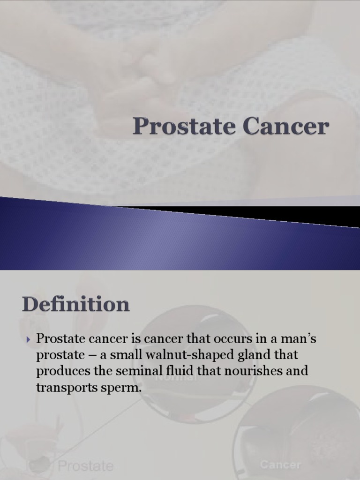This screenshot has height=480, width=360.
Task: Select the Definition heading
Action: (x=75, y=304)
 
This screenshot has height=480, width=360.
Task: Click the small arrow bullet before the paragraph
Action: (x=29, y=339)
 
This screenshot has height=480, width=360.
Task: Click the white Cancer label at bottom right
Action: (x=280, y=465)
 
